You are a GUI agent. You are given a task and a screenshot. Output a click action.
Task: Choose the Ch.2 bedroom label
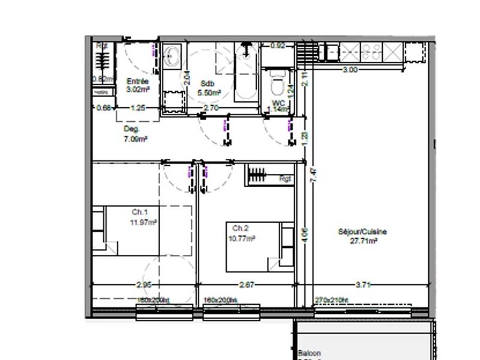click(x=241, y=229)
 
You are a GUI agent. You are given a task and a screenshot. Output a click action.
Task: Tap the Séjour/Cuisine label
click(x=362, y=232)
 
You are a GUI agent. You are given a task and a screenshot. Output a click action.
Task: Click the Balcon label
click(x=310, y=353)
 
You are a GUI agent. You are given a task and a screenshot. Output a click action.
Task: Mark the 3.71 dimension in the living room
click(x=363, y=285)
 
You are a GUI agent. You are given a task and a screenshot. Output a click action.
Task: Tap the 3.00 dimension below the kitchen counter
click(x=350, y=70)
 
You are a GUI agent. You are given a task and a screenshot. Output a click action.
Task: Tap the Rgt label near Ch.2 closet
click(x=285, y=178)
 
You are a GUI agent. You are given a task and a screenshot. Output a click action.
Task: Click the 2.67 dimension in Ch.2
click(x=246, y=285)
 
